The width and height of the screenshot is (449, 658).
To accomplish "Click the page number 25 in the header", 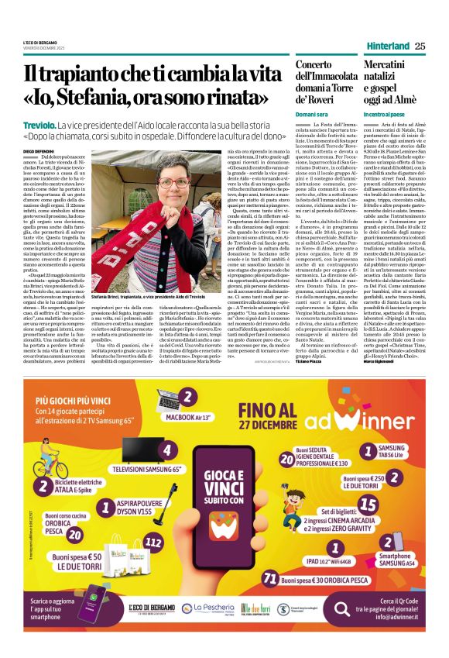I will (420, 46).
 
